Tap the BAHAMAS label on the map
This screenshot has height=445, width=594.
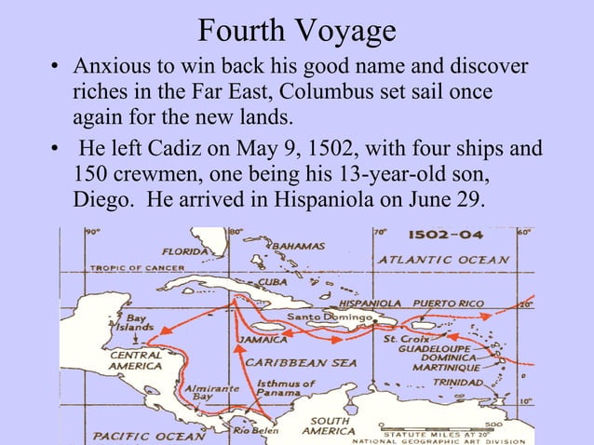tap(298, 246)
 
